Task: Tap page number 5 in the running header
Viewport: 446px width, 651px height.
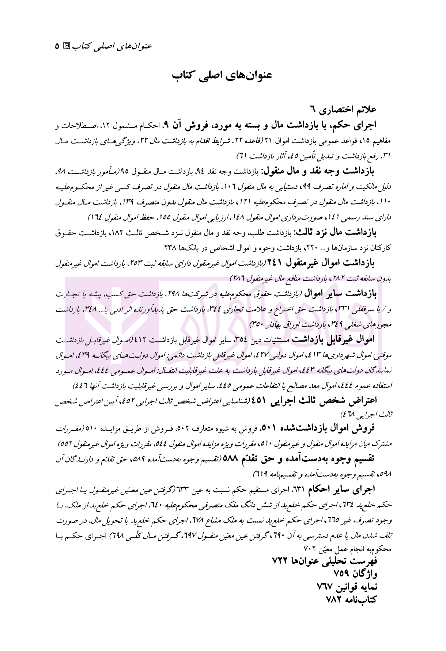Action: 57,46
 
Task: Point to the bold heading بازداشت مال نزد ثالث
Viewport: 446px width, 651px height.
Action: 339,232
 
